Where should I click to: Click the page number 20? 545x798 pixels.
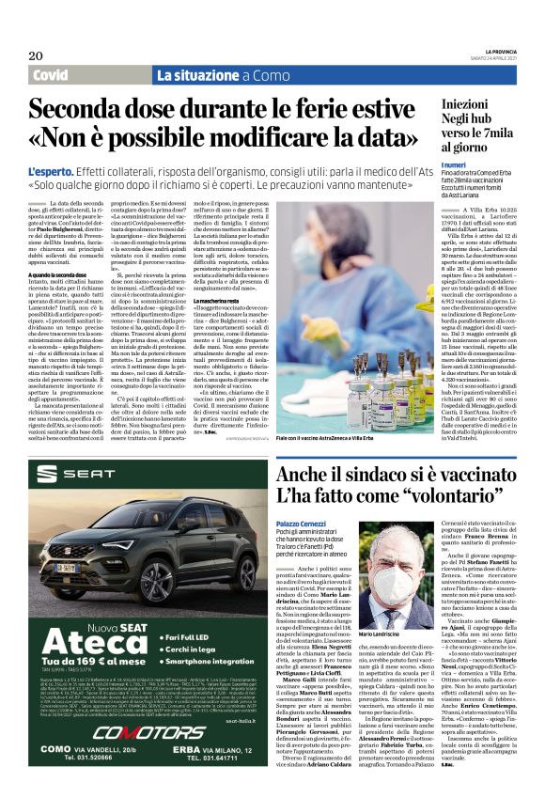[x=38, y=57]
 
